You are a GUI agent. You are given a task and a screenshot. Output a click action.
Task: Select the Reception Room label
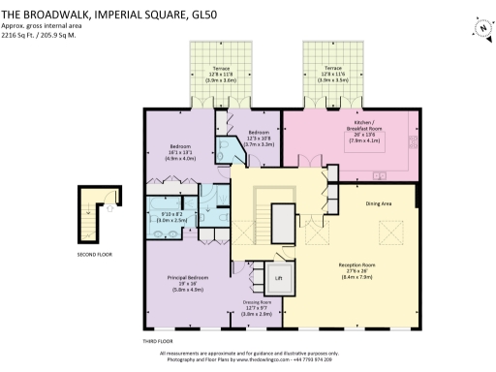(x=357, y=268)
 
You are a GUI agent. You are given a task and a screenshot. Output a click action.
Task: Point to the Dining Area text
(x=379, y=203)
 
